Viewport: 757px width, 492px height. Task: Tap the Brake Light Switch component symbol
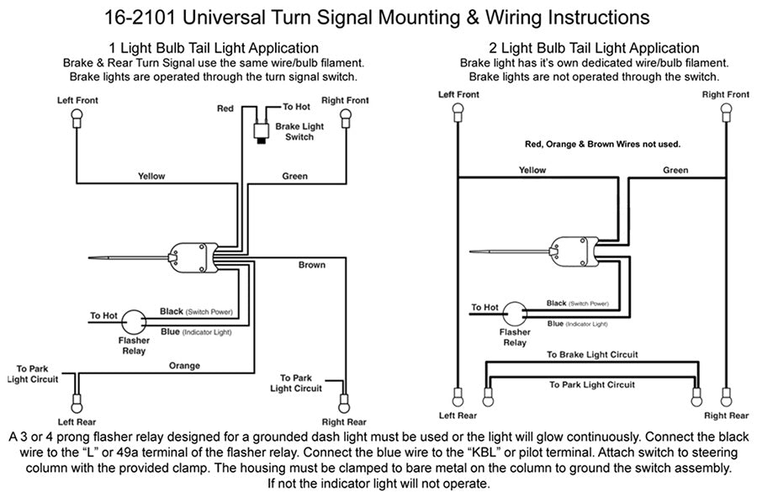pos(262,130)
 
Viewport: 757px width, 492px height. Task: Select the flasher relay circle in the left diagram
pos(133,322)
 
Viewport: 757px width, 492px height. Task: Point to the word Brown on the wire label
pos(311,265)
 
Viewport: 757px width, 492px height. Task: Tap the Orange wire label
pos(184,366)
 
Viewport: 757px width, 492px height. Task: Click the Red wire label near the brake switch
pos(225,108)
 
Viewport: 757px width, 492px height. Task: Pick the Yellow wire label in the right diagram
pos(532,170)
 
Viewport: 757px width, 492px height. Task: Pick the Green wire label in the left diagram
pos(294,177)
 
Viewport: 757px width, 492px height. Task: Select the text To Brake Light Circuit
pos(592,355)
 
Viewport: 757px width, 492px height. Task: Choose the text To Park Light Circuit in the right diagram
pos(592,384)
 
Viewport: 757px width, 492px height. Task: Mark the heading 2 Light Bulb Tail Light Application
pos(594,49)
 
